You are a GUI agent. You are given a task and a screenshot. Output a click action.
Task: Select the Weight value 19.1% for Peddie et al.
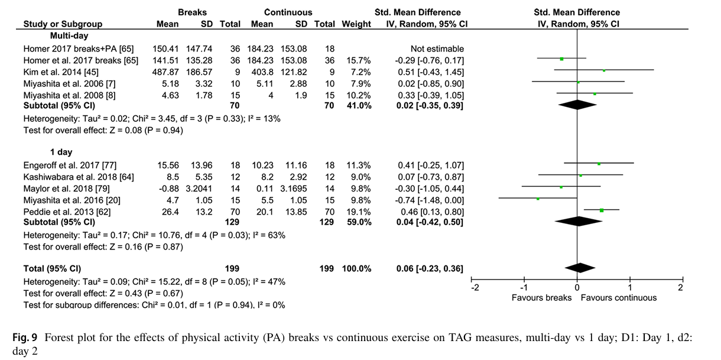coord(359,211)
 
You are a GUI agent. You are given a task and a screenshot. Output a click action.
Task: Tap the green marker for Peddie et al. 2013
coord(602,210)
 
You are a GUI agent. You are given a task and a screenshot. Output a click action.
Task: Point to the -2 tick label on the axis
coord(474,288)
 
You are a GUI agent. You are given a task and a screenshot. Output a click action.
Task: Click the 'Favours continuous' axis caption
coord(618,298)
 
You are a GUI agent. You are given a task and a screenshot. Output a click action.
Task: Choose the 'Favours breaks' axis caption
coord(541,298)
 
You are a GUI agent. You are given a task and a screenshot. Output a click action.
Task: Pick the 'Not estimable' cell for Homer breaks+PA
coord(437,49)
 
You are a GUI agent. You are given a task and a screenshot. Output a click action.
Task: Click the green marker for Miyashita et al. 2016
coord(538,199)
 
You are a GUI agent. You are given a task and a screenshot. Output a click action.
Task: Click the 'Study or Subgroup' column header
coord(63,24)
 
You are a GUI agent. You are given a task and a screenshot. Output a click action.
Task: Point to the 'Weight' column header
coord(356,24)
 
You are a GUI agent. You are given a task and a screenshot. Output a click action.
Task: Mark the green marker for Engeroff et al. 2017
coord(599,164)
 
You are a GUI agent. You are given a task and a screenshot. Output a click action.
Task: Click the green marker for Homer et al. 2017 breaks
coord(561,59)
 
